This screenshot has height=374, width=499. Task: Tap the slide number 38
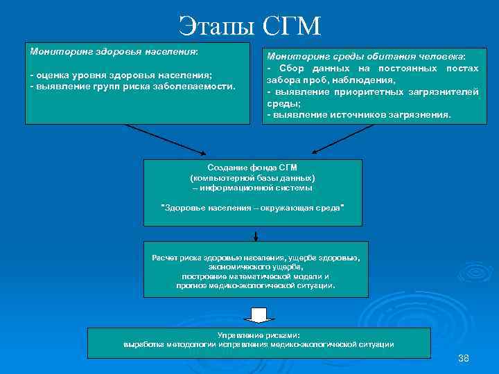464,358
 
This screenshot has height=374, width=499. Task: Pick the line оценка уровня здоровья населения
121,75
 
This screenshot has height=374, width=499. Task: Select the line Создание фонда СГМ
252,168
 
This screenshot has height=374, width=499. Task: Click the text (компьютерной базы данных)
252,178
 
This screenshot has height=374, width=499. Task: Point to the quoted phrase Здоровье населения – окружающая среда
252,208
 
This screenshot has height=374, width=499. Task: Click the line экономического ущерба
256,267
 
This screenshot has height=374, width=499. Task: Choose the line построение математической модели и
256,276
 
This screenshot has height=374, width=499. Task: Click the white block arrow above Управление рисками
259,314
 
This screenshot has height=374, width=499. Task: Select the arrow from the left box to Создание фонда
166,139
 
